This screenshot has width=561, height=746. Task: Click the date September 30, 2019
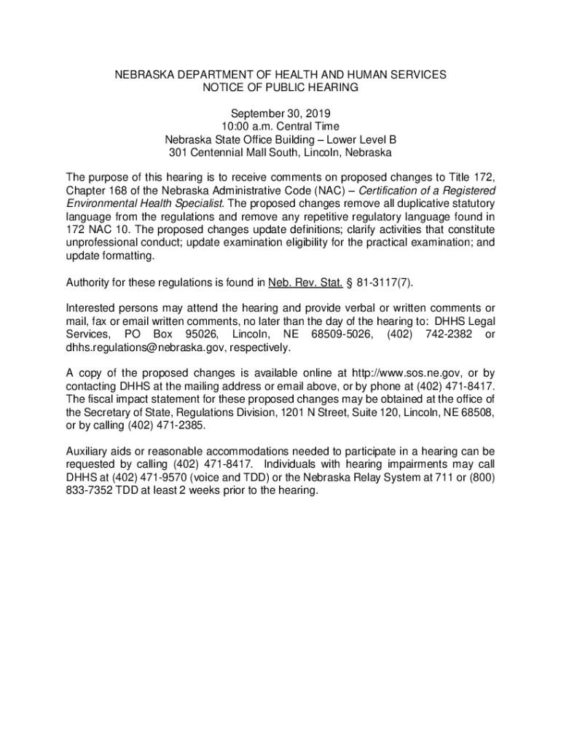[x=280, y=114]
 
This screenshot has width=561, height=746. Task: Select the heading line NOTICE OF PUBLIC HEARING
[x=280, y=87]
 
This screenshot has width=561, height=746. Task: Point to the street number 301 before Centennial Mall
[x=178, y=153]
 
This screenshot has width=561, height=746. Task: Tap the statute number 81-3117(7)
[x=391, y=282]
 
